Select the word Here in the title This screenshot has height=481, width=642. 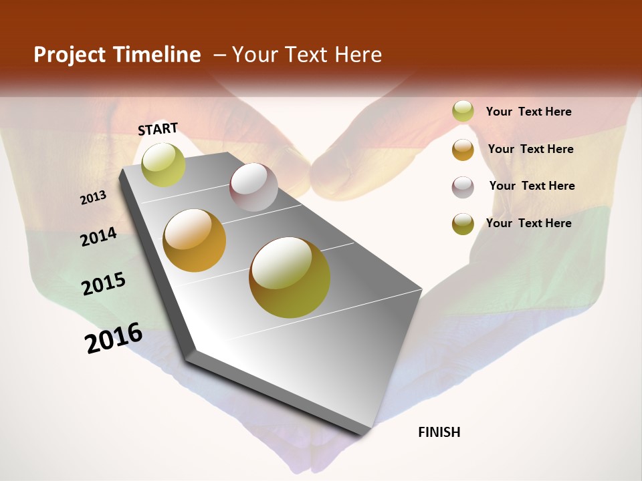358,55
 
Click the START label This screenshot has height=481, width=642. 158,129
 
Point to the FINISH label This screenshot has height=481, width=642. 439,432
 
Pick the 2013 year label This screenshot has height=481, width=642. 93,198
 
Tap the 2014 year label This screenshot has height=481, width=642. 99,237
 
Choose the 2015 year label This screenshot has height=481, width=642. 104,284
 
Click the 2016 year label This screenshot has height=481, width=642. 114,338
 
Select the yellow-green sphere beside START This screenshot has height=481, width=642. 163,164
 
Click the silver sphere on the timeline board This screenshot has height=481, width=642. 253,187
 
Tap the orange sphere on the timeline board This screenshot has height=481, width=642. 195,240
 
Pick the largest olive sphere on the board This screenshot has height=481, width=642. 290,277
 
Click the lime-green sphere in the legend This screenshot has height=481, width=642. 463,112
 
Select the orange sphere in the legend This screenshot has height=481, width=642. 463,150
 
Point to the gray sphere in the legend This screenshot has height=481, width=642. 463,186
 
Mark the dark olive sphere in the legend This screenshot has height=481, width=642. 463,224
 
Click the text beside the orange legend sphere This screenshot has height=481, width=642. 530,149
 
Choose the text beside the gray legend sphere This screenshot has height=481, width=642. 532,186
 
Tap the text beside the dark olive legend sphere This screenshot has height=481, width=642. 528,223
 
